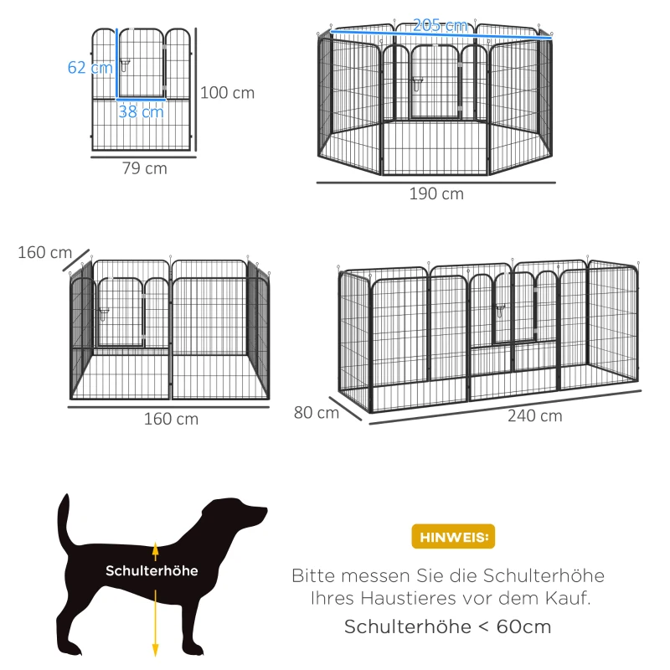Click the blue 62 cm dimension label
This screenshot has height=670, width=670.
[x=90, y=67]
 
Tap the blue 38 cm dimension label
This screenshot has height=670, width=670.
[x=141, y=111]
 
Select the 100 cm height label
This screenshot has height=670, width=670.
[x=228, y=93]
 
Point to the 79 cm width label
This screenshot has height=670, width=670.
[x=144, y=168]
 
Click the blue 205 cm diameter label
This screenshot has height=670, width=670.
[x=441, y=26]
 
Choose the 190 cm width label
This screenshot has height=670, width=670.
[x=436, y=194]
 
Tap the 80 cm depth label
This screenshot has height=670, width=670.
[x=316, y=412]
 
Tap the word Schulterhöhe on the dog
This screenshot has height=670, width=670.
[x=152, y=570]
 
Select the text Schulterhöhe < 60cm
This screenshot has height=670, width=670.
[x=447, y=627]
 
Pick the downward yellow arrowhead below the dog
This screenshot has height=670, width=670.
[x=155, y=648]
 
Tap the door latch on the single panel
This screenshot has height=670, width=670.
[x=125, y=64]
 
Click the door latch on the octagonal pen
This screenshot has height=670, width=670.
[x=415, y=83]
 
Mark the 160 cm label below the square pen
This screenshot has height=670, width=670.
[x=171, y=419]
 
